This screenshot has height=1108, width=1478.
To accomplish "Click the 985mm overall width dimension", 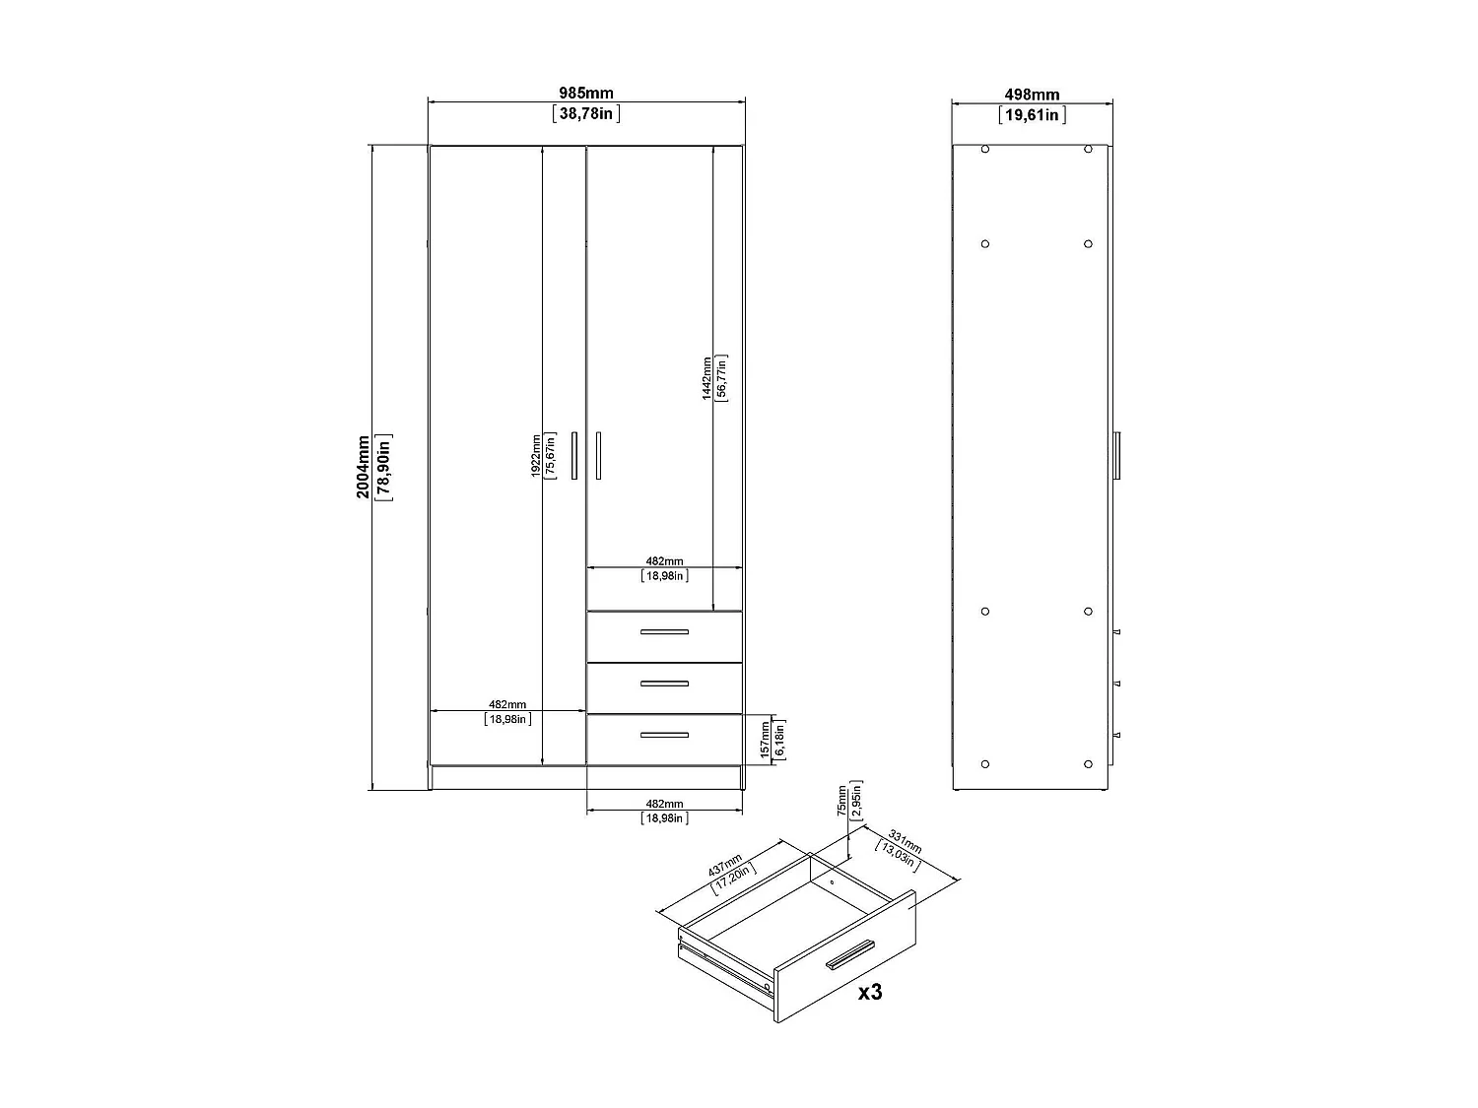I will click(x=586, y=94).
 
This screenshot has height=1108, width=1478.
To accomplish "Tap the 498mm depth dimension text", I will click(x=1032, y=95).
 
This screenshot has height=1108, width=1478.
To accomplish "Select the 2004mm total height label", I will click(x=364, y=466).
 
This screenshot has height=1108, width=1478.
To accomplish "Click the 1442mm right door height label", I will click(x=706, y=377).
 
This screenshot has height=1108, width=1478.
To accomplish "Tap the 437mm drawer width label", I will click(x=726, y=864).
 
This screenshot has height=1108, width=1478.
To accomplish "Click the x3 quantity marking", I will click(x=869, y=992).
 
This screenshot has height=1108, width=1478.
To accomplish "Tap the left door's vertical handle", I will click(x=574, y=455).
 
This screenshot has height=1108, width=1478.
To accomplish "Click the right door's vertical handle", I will click(x=598, y=455).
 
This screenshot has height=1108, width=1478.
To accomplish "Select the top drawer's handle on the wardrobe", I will click(x=664, y=631).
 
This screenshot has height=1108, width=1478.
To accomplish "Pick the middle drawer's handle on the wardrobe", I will click(x=664, y=684).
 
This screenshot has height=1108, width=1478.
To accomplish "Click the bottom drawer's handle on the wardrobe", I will click(x=664, y=735).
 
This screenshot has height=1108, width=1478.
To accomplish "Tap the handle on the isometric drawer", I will click(x=849, y=953).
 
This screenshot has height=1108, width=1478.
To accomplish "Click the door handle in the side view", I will click(x=1116, y=455).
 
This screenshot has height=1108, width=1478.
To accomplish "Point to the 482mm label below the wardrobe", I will click(x=664, y=805).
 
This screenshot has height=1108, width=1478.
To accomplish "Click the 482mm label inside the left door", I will click(x=507, y=704).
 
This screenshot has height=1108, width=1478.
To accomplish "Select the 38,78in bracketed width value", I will click(x=586, y=114).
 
